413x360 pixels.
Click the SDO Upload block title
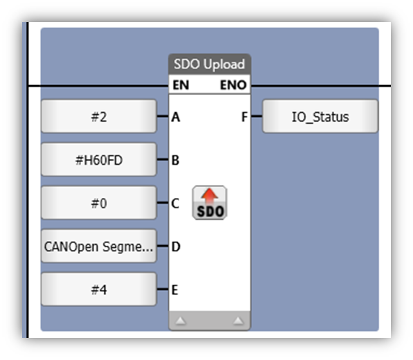click(210, 64)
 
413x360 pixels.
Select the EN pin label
click(181, 85)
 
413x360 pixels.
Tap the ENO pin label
click(233, 85)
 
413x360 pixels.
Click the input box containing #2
click(99, 116)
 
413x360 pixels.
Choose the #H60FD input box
click(99, 159)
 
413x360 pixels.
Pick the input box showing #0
click(99, 203)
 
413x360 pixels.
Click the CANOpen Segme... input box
click(99, 246)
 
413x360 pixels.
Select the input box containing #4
click(99, 289)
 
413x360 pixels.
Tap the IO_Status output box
click(320, 116)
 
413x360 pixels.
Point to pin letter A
click(176, 117)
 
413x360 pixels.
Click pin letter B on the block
click(176, 160)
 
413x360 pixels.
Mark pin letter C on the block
click(176, 204)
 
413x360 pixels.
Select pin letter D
click(176, 247)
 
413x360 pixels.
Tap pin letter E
click(175, 290)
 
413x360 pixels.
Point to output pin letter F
click(244, 117)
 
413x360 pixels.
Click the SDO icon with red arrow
click(210, 203)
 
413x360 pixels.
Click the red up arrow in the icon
click(210, 196)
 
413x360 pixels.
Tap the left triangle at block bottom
click(181, 321)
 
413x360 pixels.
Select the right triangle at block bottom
click(239, 321)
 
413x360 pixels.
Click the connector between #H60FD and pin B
click(163, 159)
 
